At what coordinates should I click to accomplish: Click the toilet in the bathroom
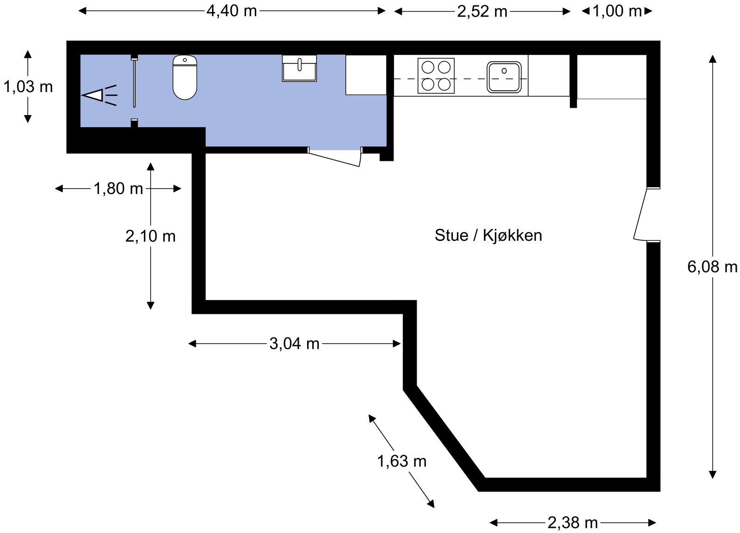(185, 77)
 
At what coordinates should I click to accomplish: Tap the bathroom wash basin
(299, 68)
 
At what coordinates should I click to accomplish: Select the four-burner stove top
(436, 76)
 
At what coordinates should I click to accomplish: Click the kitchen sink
(504, 77)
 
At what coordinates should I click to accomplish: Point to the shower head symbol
(99, 95)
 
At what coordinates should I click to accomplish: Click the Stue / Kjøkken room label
(488, 235)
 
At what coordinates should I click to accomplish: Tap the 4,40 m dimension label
(232, 11)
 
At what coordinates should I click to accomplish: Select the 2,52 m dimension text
(482, 12)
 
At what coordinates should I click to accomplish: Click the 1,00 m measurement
(617, 11)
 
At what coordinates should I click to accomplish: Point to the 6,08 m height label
(712, 266)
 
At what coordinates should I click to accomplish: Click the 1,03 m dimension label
(28, 87)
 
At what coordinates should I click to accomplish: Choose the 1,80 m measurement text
(118, 189)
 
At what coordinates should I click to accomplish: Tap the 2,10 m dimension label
(150, 236)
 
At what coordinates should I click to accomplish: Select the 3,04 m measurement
(294, 344)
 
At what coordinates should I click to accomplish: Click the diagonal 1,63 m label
(402, 461)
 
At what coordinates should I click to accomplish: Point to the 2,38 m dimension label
(573, 523)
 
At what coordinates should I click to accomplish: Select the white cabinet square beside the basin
(366, 75)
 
